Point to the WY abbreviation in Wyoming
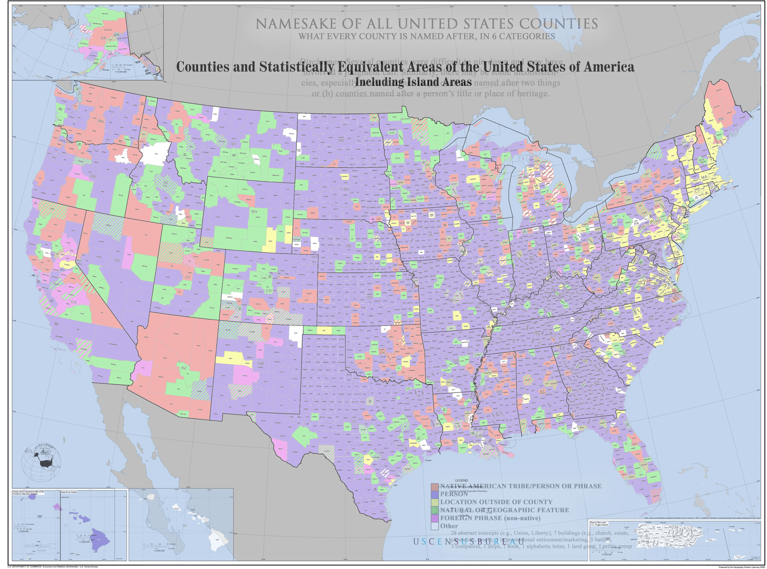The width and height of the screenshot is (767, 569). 254,211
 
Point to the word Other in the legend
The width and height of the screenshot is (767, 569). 449,526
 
